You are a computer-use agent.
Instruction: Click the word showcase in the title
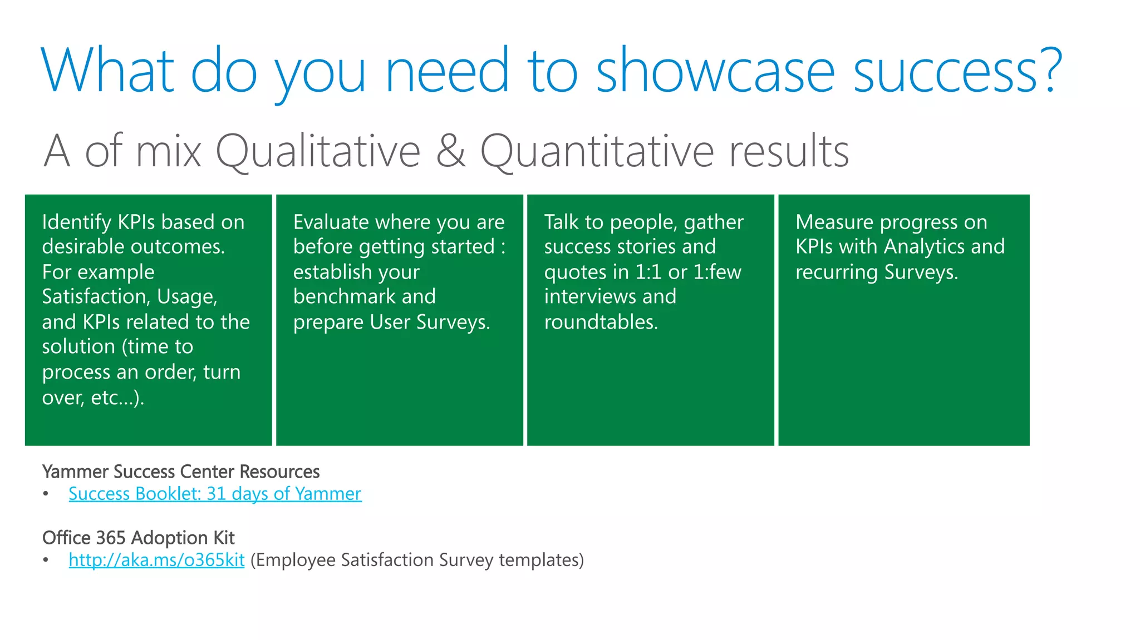pyautogui.click(x=715, y=71)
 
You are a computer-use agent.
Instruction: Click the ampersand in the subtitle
pyautogui.click(x=450, y=151)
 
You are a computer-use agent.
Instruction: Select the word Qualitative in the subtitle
pyautogui.click(x=317, y=152)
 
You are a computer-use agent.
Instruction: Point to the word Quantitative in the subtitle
pyautogui.click(x=597, y=152)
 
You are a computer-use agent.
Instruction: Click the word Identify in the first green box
pyautogui.click(x=77, y=222)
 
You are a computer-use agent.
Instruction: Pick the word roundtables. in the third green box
pyautogui.click(x=601, y=322)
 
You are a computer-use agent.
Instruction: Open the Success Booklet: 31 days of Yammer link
pyautogui.click(x=215, y=494)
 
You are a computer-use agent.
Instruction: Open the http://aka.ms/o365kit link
pyautogui.click(x=156, y=560)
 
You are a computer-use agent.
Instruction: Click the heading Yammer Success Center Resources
pyautogui.click(x=181, y=472)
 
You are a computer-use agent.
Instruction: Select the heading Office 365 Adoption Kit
pyautogui.click(x=138, y=538)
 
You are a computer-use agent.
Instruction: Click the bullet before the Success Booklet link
pyautogui.click(x=46, y=494)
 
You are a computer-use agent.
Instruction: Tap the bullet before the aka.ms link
pyautogui.click(x=46, y=560)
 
